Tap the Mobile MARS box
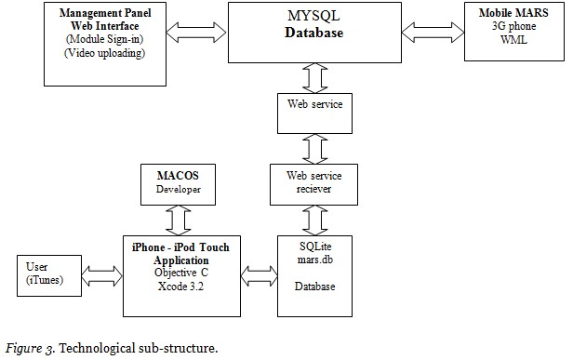point(512,32)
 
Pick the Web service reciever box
point(311,182)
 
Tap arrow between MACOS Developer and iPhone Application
point(177,218)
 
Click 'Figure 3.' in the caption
point(29,349)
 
